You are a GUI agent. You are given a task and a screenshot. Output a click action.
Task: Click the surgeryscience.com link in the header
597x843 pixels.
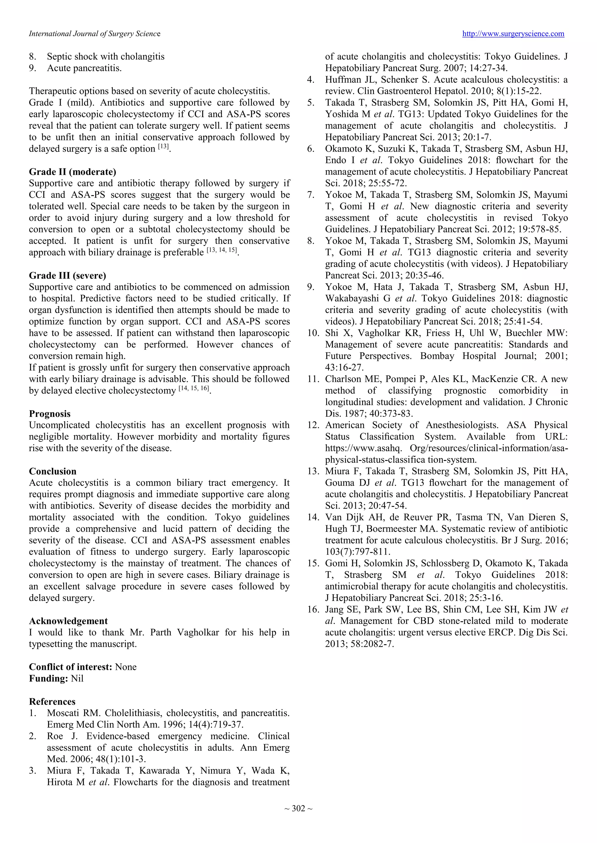tap(513, 34)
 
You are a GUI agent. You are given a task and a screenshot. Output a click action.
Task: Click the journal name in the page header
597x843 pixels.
tap(94, 34)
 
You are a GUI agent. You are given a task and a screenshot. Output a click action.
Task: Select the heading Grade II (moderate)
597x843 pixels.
tap(72, 172)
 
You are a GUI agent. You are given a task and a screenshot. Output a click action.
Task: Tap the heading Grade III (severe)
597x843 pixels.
tap(67, 275)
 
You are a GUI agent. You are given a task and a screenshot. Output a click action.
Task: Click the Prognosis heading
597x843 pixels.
tap(50, 413)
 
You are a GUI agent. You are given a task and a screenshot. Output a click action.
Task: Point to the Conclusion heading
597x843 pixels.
tap(52, 471)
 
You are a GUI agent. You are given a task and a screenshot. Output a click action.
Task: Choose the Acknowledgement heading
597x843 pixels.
tap(68, 621)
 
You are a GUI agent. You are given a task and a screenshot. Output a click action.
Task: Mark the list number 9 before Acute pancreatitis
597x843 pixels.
tap(32, 68)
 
